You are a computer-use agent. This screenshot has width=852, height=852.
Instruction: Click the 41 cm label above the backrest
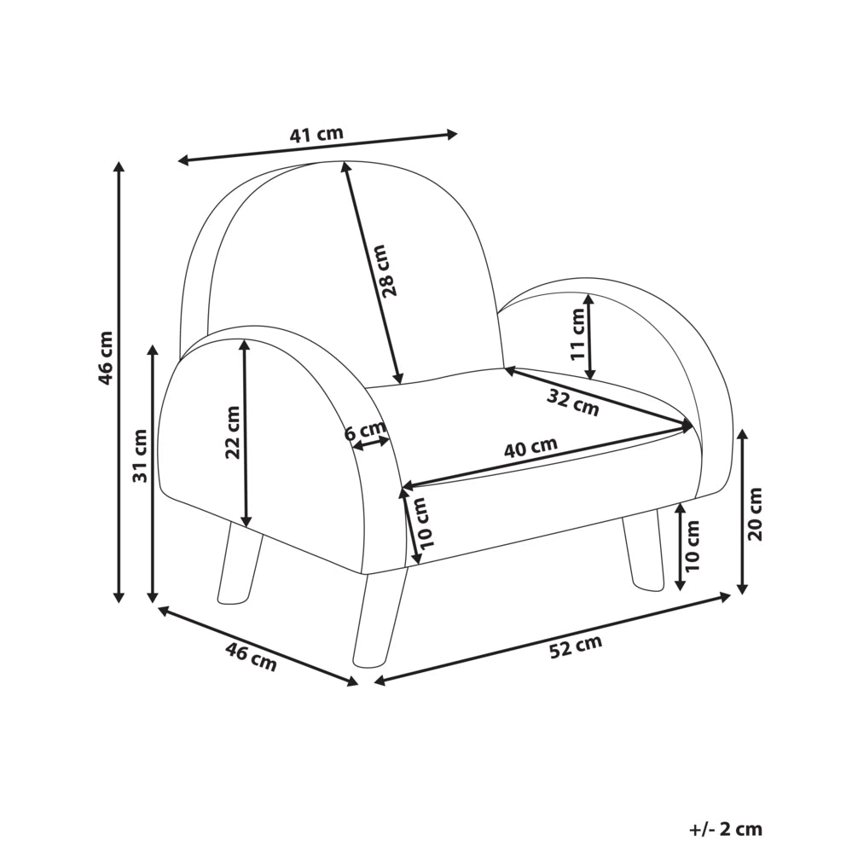(x=316, y=134)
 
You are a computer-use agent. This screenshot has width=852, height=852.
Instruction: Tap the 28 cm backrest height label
(x=390, y=270)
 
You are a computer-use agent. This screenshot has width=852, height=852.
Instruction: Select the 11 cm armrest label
(x=577, y=333)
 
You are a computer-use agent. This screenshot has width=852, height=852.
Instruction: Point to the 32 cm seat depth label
(x=573, y=403)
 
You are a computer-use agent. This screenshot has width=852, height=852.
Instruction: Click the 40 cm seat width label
(x=530, y=447)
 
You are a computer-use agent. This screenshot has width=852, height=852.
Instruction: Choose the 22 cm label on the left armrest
(x=233, y=432)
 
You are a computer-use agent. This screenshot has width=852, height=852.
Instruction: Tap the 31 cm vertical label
(x=140, y=456)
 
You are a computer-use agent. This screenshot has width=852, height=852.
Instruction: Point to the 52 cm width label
(x=576, y=646)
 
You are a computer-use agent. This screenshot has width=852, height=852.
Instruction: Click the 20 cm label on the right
(x=756, y=514)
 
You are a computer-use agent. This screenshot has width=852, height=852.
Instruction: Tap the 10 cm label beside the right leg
(x=692, y=546)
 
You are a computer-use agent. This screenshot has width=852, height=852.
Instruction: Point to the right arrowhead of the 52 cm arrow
(x=726, y=597)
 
